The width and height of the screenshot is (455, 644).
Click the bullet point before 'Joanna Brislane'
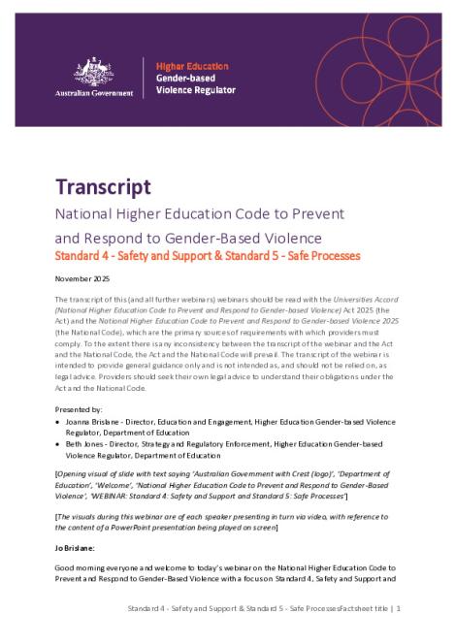[x=59, y=397]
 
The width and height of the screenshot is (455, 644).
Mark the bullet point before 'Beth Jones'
[x=59, y=424]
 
